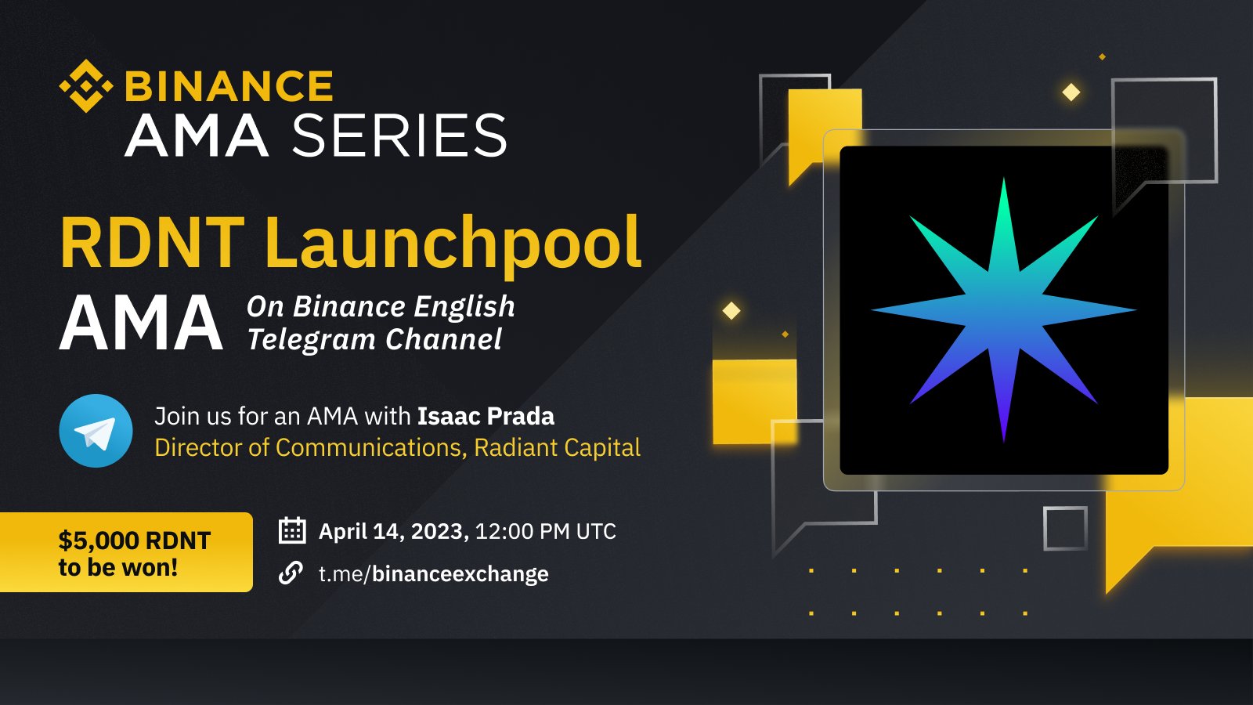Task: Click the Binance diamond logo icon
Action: click(85, 86)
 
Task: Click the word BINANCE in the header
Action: click(229, 86)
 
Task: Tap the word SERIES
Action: click(399, 136)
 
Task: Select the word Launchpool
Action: click(453, 244)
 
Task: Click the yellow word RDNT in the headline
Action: click(152, 244)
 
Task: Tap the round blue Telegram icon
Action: click(96, 431)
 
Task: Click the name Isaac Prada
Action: click(486, 416)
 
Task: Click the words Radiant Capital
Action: click(557, 447)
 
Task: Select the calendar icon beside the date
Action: click(292, 531)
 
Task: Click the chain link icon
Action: click(291, 573)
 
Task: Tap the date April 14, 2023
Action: click(393, 532)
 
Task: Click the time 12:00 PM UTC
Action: click(545, 532)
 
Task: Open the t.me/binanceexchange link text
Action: click(433, 574)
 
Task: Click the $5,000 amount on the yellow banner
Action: click(99, 540)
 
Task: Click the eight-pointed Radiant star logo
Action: click(1003, 310)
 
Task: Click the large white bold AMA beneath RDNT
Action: click(142, 324)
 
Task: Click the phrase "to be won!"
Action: click(118, 567)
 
